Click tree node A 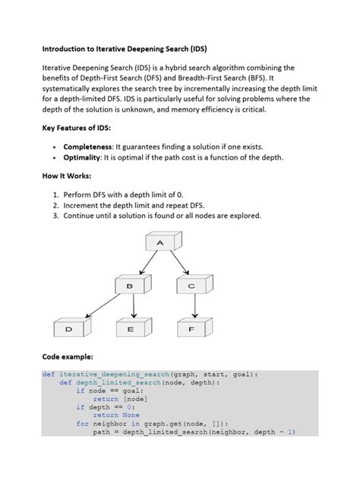(x=160, y=243)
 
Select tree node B (x=130, y=286)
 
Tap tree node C (x=191, y=286)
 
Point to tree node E (x=131, y=329)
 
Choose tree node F (x=191, y=329)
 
